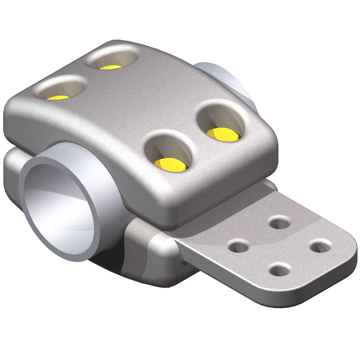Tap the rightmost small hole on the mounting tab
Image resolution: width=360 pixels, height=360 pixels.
coord(321,245)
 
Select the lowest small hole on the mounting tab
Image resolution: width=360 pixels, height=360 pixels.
coord(280,270)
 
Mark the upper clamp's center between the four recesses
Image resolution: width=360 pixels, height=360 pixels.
coord(135,108)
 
